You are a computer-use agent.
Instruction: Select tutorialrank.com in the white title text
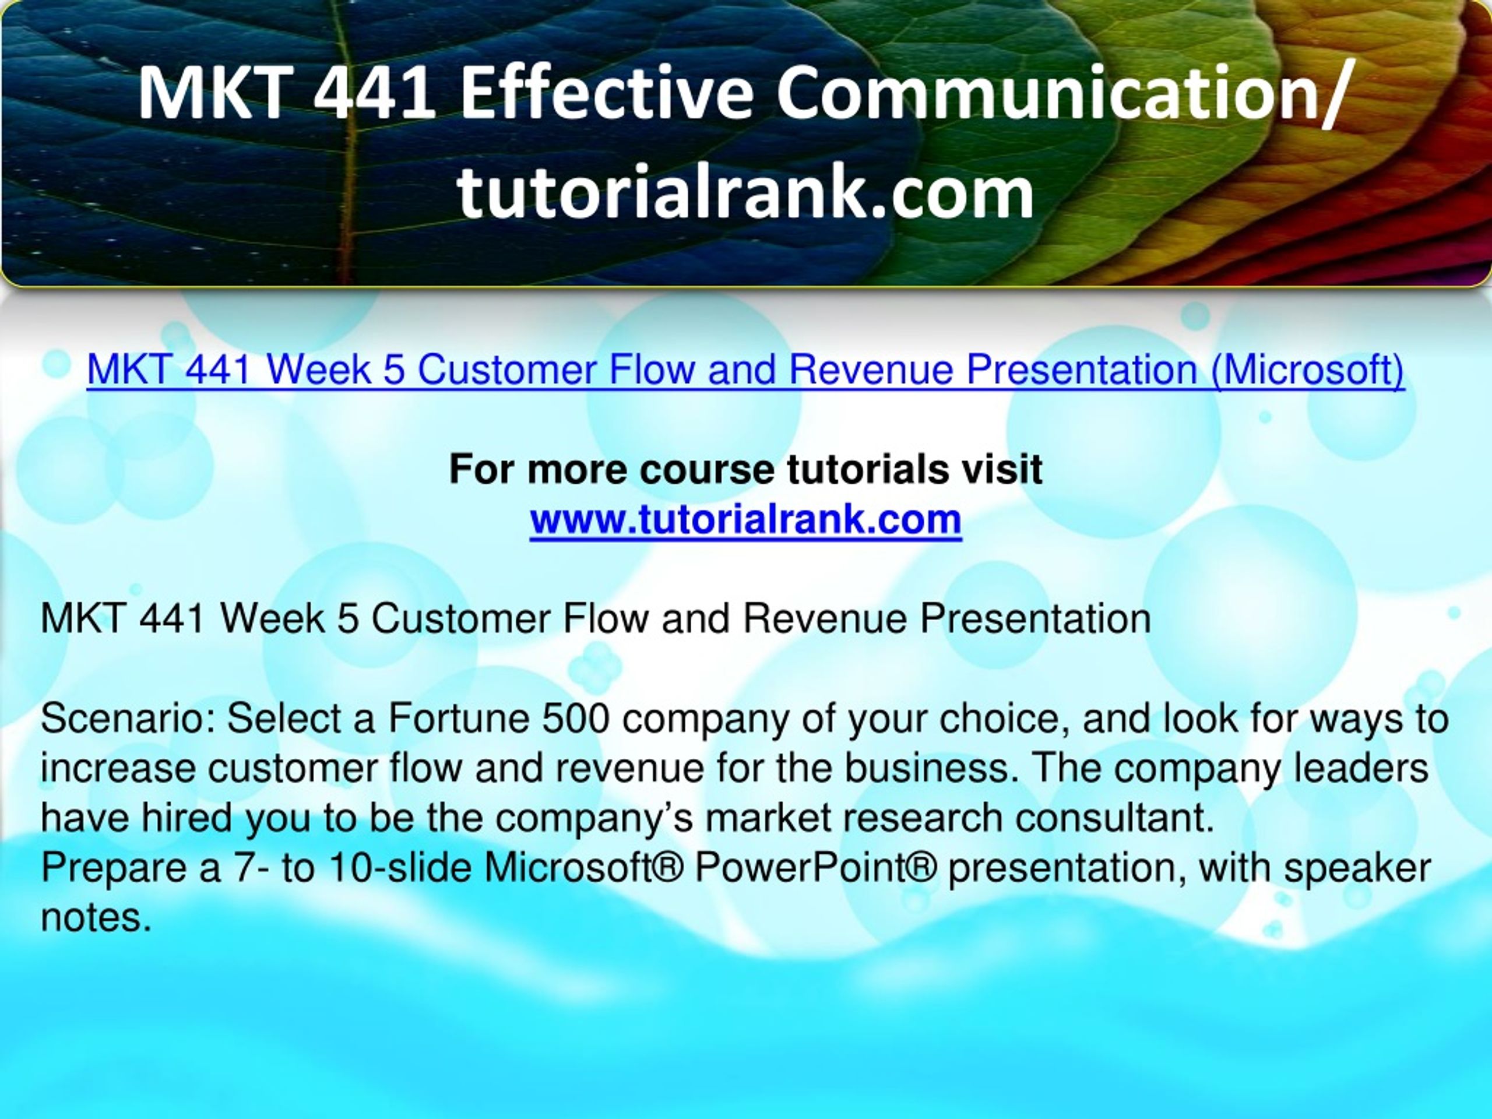(745, 193)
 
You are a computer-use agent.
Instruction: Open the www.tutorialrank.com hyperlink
(745, 519)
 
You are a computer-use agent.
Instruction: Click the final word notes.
(95, 917)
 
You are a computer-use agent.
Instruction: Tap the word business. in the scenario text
(934, 768)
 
